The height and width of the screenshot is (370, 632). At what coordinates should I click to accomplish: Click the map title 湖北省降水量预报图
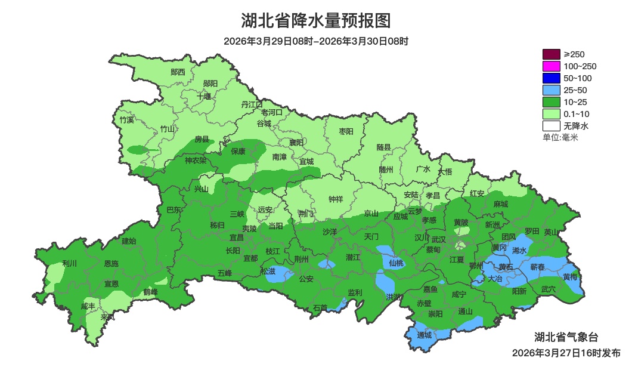(316, 21)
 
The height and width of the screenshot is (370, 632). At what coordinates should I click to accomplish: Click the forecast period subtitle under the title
(316, 41)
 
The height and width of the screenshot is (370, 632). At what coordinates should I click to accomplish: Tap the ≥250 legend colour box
(552, 54)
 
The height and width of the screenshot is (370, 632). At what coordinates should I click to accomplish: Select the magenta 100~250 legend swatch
(552, 66)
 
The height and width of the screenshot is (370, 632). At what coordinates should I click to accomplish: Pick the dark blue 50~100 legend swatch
(552, 78)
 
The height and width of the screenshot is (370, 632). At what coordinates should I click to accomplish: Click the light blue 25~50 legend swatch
(552, 90)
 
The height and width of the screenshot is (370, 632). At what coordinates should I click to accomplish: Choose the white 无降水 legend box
(552, 126)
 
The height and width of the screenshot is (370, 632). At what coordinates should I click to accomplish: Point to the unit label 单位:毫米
(560, 137)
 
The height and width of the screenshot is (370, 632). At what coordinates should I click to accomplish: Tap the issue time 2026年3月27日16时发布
(566, 353)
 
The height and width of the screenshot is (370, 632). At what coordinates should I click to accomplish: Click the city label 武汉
(438, 239)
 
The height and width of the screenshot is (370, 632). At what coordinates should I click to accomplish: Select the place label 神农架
(196, 160)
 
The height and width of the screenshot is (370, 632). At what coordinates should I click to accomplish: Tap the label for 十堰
(204, 96)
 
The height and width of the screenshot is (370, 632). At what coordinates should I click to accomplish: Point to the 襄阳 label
(296, 142)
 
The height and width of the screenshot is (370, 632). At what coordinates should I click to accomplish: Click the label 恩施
(111, 263)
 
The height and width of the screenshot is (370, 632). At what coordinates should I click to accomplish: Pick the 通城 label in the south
(424, 335)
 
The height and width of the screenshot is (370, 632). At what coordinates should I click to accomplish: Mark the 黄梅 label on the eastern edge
(570, 276)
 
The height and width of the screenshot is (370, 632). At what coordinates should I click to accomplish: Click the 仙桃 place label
(396, 263)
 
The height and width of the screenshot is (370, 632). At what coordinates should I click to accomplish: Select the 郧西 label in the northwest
(178, 72)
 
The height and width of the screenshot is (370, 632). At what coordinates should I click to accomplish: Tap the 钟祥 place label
(336, 199)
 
